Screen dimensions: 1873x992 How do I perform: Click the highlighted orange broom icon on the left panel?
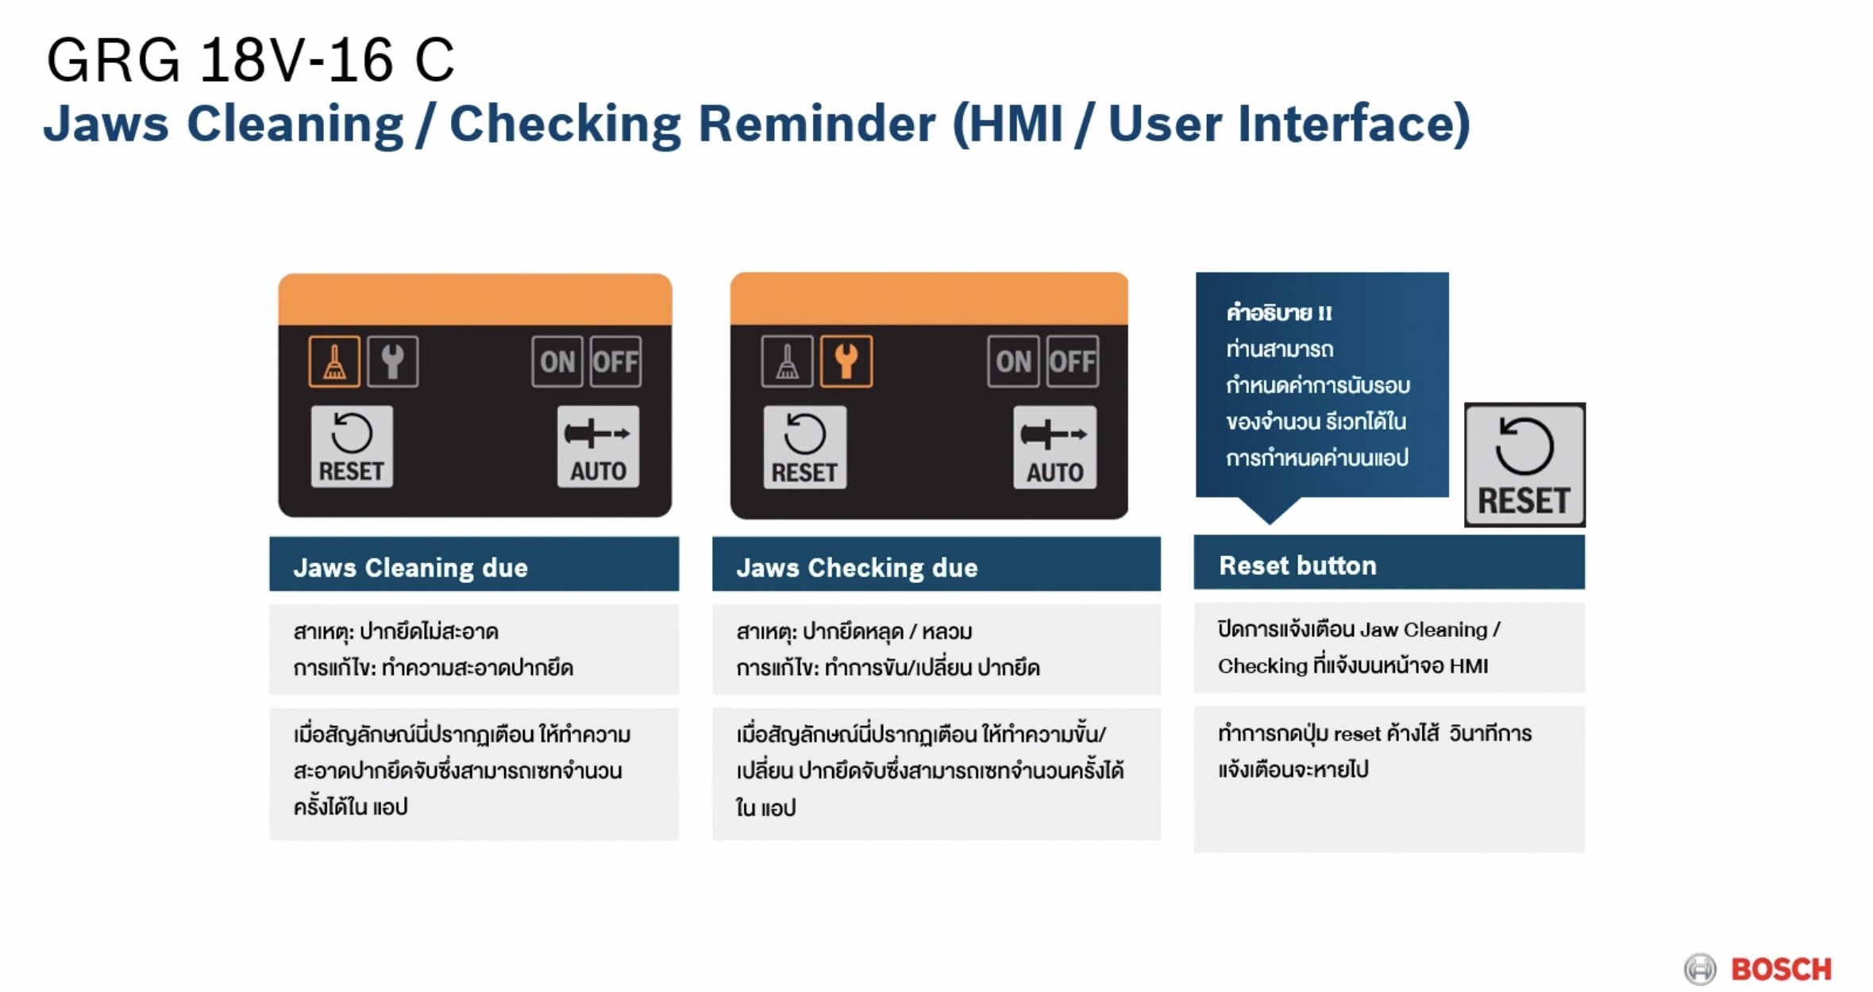point(334,362)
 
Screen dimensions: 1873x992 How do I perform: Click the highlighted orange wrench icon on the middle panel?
point(846,362)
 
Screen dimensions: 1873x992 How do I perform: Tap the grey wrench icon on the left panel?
point(393,362)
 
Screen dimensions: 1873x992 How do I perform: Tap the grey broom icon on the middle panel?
point(787,362)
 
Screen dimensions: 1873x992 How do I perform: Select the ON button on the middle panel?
point(1013,362)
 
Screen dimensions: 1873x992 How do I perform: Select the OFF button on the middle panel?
point(1073,362)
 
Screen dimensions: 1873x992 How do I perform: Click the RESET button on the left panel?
point(352,446)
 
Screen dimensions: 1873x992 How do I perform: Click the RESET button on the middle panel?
point(805,447)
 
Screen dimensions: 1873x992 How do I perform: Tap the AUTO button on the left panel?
point(598,446)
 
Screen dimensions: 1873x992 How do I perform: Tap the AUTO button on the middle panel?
point(1055,447)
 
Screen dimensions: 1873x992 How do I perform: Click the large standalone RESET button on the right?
point(1524,465)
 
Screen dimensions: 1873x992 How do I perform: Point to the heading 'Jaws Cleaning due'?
point(410,568)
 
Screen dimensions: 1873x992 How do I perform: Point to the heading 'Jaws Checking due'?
point(857,568)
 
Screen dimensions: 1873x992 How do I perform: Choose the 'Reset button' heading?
point(1297,565)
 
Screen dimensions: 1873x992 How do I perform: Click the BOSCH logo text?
point(1781,969)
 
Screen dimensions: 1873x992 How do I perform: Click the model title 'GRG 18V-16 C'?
point(250,60)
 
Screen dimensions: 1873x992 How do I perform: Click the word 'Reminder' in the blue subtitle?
point(817,124)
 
